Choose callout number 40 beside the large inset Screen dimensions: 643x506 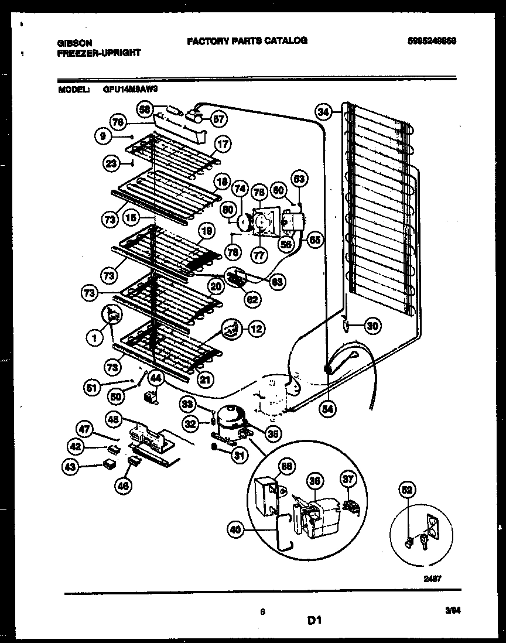point(235,531)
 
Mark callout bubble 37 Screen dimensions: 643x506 point(349,481)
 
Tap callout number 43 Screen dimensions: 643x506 point(72,466)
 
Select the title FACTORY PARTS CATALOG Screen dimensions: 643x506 point(247,40)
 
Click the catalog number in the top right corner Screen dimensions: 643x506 point(432,41)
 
